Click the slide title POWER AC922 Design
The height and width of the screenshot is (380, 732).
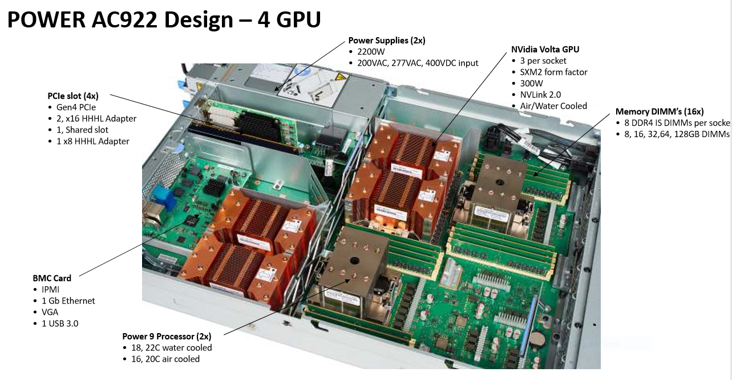[164, 20]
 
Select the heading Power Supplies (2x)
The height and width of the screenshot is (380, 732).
[387, 41]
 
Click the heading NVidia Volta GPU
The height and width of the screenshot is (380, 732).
[545, 49]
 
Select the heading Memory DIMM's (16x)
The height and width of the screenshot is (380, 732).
[660, 111]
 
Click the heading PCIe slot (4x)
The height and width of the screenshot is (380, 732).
[73, 95]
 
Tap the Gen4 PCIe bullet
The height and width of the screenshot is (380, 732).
[76, 107]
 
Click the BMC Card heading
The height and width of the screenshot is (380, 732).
[52, 278]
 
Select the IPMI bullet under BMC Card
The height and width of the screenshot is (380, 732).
[50, 290]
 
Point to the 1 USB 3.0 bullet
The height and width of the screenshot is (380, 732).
[60, 323]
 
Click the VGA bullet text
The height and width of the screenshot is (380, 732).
[50, 312]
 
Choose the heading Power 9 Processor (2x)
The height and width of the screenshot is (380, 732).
[167, 336]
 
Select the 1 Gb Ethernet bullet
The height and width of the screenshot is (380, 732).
[68, 301]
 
